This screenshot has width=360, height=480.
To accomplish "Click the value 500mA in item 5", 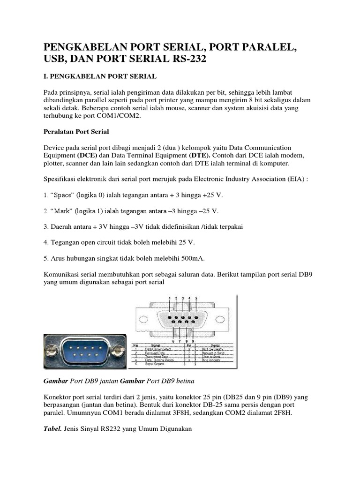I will tap(190, 258).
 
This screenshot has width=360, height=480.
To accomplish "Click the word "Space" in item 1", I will tap(61, 195).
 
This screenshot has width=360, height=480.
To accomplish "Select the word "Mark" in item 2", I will tap(60, 210).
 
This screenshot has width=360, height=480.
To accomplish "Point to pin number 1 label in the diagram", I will tap(170, 298).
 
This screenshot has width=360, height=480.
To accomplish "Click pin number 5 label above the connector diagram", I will tap(196, 298).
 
